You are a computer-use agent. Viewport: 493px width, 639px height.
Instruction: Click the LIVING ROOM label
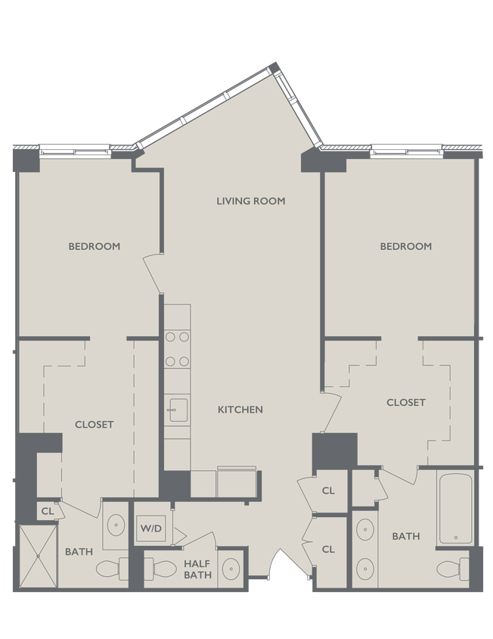click(x=250, y=201)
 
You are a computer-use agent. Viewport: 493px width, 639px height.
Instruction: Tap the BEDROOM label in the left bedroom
click(x=94, y=246)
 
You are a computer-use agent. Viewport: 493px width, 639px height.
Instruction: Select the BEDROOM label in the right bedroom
click(x=405, y=246)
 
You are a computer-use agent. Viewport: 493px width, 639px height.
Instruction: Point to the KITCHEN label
click(x=240, y=410)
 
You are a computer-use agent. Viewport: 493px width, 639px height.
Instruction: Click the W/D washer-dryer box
click(x=147, y=528)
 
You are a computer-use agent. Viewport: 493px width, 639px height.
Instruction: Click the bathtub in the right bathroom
click(x=455, y=507)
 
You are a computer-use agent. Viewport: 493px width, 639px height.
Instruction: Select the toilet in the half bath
click(x=157, y=568)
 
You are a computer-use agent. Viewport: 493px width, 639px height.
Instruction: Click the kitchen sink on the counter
click(x=178, y=410)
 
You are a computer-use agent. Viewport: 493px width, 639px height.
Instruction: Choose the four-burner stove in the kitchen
click(x=178, y=349)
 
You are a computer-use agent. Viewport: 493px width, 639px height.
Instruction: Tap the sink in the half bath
click(x=231, y=569)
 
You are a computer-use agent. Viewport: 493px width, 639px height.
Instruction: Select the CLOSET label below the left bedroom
click(x=94, y=425)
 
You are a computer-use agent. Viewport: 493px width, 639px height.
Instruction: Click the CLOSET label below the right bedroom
click(x=405, y=402)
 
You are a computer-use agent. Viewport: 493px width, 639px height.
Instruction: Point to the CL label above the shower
click(x=47, y=512)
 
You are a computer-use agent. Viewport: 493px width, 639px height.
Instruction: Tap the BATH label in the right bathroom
click(x=405, y=537)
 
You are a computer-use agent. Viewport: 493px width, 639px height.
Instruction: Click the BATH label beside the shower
click(x=78, y=552)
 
